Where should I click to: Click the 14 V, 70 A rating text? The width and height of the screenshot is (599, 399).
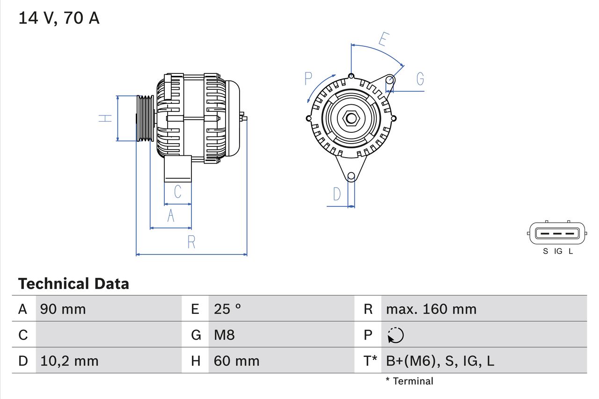coord(58,18)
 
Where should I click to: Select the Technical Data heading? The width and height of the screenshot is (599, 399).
coord(73,284)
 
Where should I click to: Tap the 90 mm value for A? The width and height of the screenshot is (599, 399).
coord(63,309)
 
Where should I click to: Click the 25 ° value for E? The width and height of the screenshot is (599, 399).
coord(227,309)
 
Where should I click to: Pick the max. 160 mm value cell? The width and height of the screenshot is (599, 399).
coord(431,309)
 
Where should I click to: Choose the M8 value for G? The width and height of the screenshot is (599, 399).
coord(224,335)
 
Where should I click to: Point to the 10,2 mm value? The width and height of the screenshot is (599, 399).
coord(69,361)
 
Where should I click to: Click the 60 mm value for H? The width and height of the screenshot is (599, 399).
coord(236,361)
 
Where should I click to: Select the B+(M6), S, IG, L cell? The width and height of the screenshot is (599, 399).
coord(440,361)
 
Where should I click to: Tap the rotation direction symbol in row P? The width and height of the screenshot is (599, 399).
coord(395,335)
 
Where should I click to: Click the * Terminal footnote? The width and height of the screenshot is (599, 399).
coord(409,381)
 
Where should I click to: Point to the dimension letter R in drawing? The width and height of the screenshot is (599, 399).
coord(191,242)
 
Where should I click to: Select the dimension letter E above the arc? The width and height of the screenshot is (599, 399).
coord(383,40)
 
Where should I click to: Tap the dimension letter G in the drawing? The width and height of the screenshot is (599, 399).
coord(420,79)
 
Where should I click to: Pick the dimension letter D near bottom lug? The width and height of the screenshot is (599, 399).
coord(337,194)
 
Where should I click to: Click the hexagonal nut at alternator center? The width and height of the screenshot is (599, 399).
coord(351,118)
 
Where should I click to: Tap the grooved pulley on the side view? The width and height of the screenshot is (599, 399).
coord(145,118)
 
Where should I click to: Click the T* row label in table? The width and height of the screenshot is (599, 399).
coord(370,361)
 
